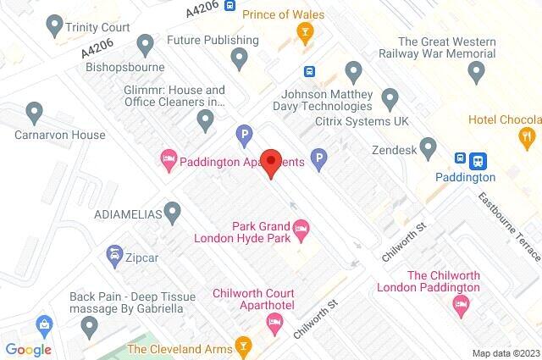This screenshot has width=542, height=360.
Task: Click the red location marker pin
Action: pyautogui.click(x=271, y=163)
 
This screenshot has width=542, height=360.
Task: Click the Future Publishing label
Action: pyautogui.click(x=213, y=40)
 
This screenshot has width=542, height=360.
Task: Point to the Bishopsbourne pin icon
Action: pyautogui.click(x=146, y=42)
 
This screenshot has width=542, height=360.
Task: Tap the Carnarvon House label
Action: pyautogui.click(x=59, y=135)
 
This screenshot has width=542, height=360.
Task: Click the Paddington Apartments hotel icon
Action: pyautogui.click(x=168, y=158)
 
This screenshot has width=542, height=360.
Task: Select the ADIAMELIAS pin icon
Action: pyautogui.click(x=173, y=210)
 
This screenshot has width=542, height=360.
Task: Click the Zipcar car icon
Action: pyautogui.click(x=113, y=253)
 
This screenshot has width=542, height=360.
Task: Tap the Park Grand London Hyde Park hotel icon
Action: pyautogui.click(x=301, y=228)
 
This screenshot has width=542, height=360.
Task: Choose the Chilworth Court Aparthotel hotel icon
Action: pyautogui.click(x=274, y=320)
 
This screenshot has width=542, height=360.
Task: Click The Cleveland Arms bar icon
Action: pyautogui.click(x=244, y=346)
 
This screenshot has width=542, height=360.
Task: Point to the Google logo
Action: pyautogui.click(x=28, y=349)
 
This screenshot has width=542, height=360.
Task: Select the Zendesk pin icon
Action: pyautogui.click(x=429, y=149)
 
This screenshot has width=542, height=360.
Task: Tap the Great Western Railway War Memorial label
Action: pyautogui.click(x=445, y=48)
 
